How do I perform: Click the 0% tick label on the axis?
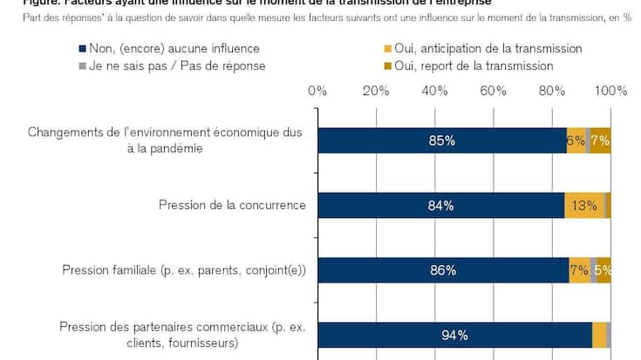click(x=317, y=90)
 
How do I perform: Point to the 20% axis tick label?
click(x=376, y=90)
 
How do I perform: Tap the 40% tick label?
click(x=434, y=90)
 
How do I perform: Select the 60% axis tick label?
click(x=493, y=90)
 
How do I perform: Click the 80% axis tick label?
click(x=551, y=90)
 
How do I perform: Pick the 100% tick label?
click(x=610, y=90)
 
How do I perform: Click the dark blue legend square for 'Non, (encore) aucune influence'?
click(x=82, y=49)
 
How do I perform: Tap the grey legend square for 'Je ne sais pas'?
click(x=82, y=65)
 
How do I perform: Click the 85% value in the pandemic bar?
click(x=441, y=140)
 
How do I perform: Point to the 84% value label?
click(x=440, y=206)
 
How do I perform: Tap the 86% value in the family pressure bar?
click(x=443, y=270)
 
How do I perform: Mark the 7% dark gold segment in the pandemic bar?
click(x=600, y=140)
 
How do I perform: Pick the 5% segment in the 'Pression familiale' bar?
click(x=603, y=270)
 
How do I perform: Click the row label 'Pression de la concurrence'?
click(x=232, y=205)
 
